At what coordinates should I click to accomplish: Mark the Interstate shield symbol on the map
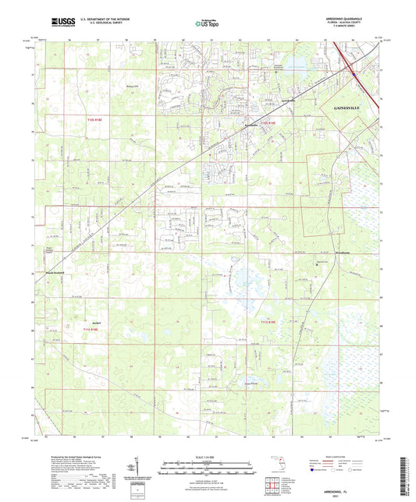pos(355,74)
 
